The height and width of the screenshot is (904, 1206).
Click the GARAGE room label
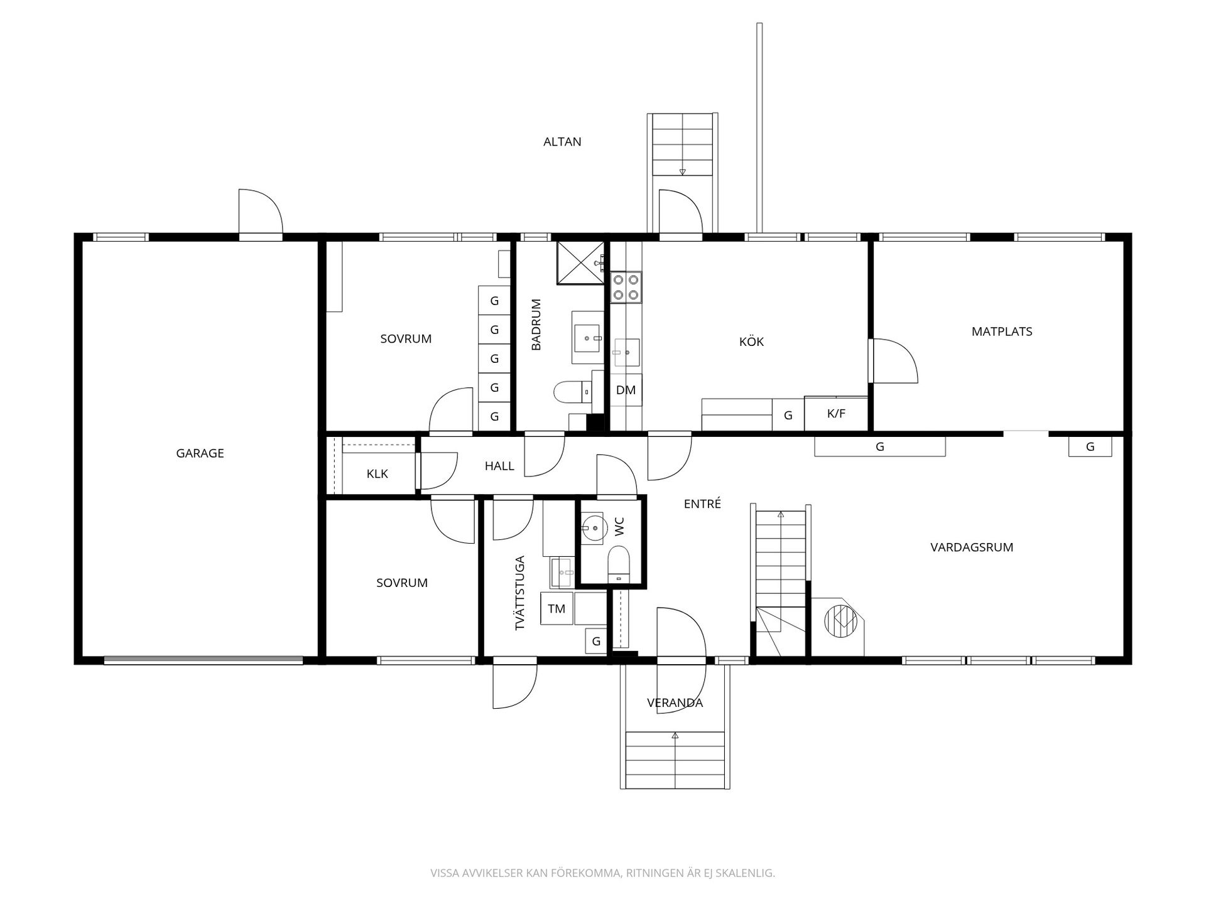pos(200,453)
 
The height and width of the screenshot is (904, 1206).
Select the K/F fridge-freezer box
pos(836,414)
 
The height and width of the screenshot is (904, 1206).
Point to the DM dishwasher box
pos(626,390)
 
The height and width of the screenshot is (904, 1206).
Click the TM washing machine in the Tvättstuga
pos(557,608)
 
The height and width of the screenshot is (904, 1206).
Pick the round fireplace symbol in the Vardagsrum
pos(840,620)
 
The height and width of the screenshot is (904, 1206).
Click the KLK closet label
pos(378,474)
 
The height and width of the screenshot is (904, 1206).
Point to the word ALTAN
pos(562,142)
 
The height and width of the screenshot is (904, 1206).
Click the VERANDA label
pos(675,703)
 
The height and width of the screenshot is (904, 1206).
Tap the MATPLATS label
pos(1002,331)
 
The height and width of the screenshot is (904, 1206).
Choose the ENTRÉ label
pos(702,503)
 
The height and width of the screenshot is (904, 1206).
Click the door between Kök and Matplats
pos(893,361)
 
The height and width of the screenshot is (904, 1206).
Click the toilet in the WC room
pos(619,562)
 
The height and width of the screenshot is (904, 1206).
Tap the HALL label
pos(499,466)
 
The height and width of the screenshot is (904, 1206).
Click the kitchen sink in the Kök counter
pos(626,352)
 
